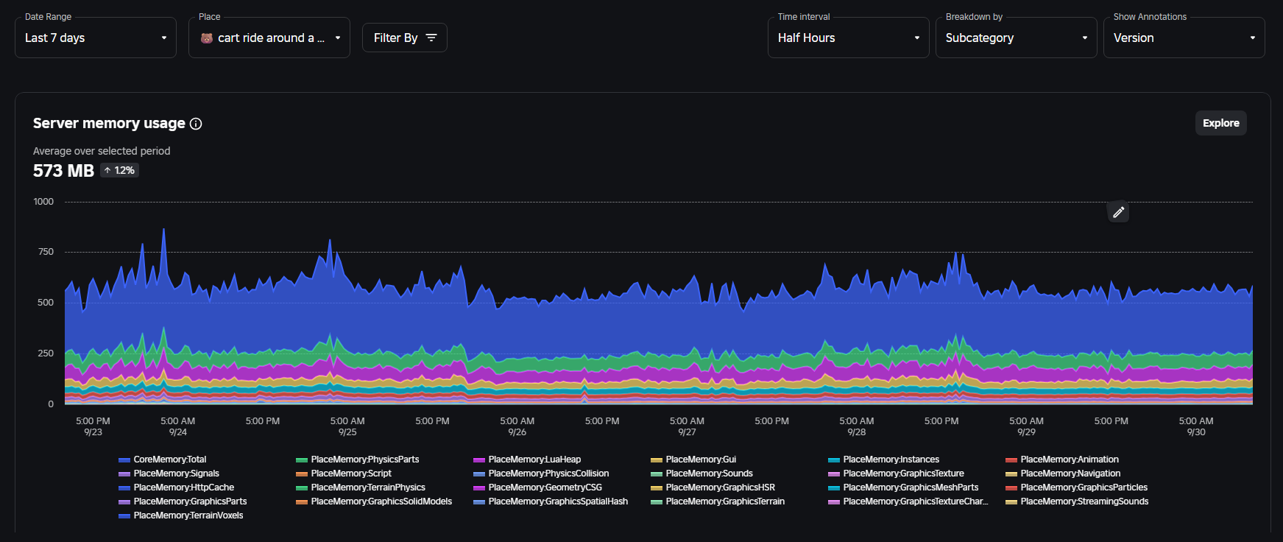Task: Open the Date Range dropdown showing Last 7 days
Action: pyautogui.click(x=95, y=38)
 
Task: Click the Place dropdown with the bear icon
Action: pyautogui.click(x=269, y=38)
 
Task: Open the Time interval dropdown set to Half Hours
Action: pyautogui.click(x=848, y=38)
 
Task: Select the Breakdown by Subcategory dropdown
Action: pyautogui.click(x=1016, y=38)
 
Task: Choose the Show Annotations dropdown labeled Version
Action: pyautogui.click(x=1184, y=38)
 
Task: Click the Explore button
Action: pyautogui.click(x=1220, y=123)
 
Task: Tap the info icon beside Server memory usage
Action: pyautogui.click(x=196, y=124)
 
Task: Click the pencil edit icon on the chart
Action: pyautogui.click(x=1118, y=212)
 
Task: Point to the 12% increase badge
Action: pyautogui.click(x=120, y=170)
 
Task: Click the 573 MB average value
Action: pyautogui.click(x=63, y=171)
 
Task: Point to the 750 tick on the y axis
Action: pyautogui.click(x=46, y=252)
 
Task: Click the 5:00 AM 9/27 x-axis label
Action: pyautogui.click(x=687, y=426)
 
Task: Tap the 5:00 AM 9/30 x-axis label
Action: pyautogui.click(x=1196, y=426)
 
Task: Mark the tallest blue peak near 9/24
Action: pyautogui.click(x=163, y=230)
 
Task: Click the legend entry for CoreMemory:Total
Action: pyautogui.click(x=169, y=460)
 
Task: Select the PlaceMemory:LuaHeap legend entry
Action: pyautogui.click(x=534, y=460)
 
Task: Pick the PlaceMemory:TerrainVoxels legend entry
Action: pyautogui.click(x=188, y=515)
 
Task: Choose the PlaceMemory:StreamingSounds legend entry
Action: pyautogui.click(x=1084, y=501)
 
